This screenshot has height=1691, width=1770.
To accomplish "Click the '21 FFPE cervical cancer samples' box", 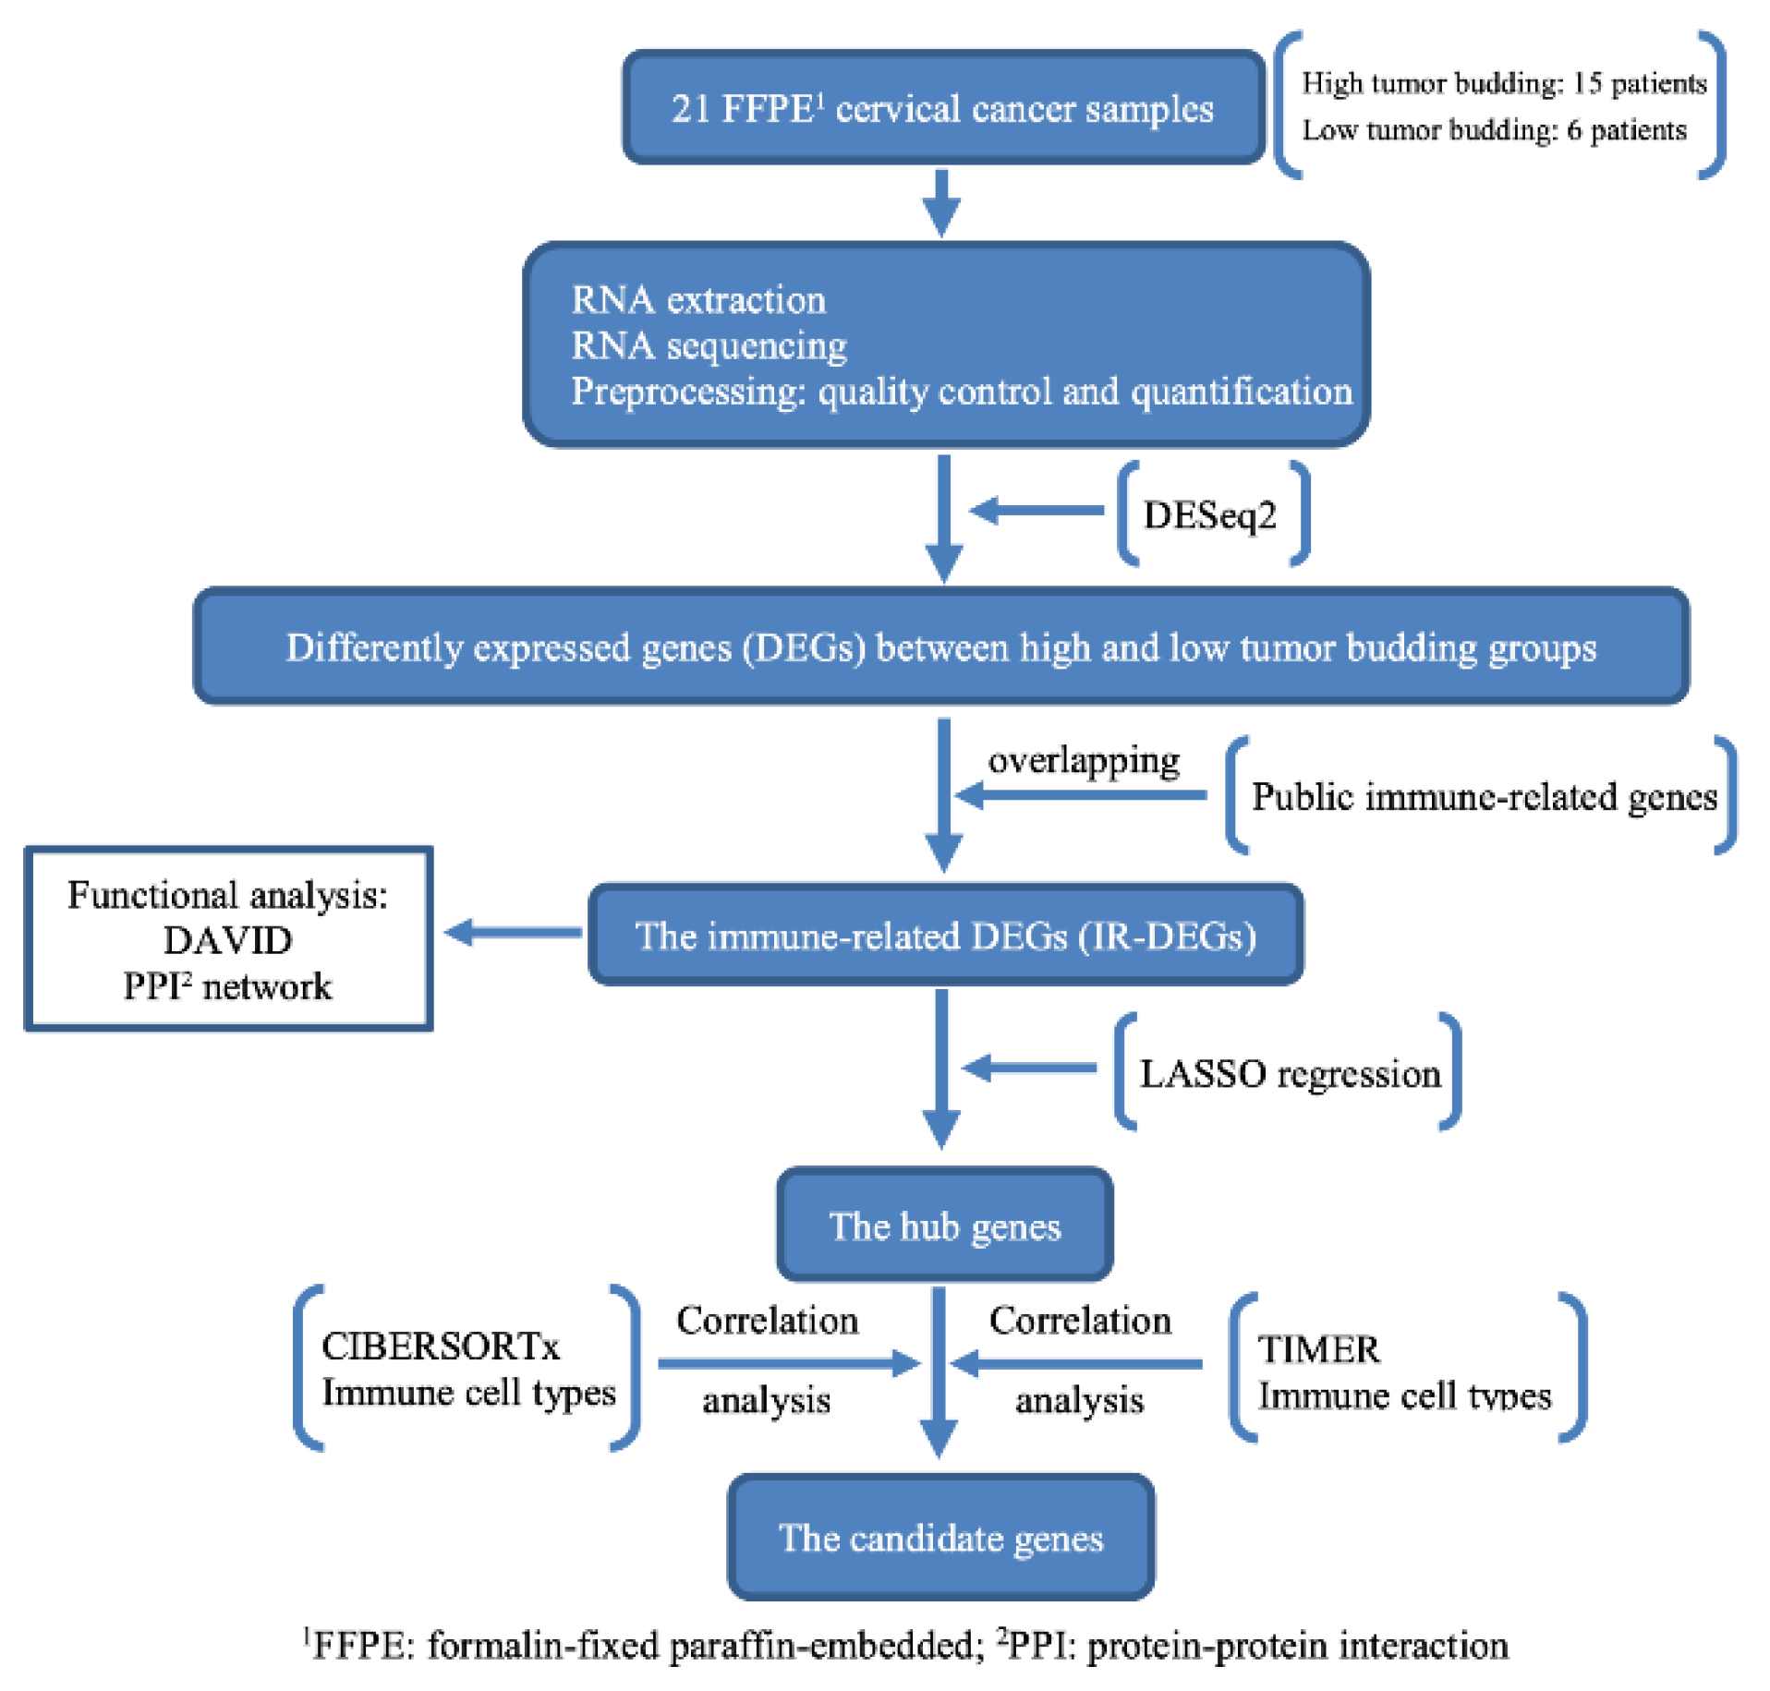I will tap(942, 108).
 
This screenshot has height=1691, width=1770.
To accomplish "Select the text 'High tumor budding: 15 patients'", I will tap(1503, 83).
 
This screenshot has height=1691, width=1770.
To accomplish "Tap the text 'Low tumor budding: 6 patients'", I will tap(1493, 130).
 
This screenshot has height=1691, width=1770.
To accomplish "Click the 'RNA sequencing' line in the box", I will tap(709, 346).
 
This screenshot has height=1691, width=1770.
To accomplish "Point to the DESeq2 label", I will tap(1209, 514).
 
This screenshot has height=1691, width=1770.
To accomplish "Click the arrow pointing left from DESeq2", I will tap(1037, 510).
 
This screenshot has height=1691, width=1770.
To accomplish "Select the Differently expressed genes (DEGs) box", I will tap(940, 647).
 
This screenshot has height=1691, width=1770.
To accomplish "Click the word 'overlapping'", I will tap(1083, 761).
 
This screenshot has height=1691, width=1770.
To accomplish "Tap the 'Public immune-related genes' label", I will tap(1483, 796).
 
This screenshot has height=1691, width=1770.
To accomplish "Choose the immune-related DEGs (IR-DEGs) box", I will tap(945, 936).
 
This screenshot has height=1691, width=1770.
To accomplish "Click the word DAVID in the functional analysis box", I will tap(227, 940).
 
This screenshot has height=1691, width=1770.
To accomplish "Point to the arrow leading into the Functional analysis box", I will tap(513, 932).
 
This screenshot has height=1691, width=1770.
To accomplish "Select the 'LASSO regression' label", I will tap(1289, 1074).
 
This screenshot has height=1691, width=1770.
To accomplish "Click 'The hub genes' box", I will tap(944, 1226).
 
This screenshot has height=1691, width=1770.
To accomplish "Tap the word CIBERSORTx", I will tap(440, 1346).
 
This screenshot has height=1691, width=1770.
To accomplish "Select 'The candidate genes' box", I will tap(940, 1538).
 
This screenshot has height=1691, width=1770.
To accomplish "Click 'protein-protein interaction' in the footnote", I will tap(1297, 1646).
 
